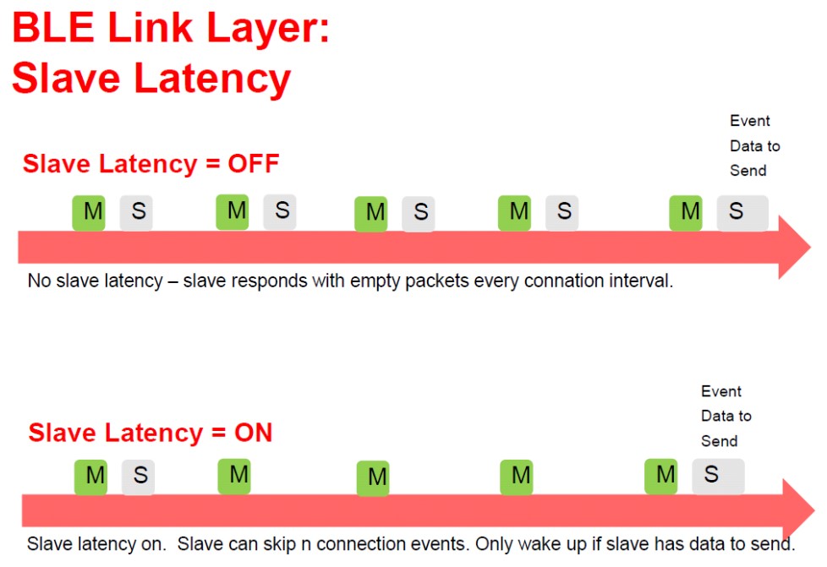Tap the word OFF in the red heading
click(x=253, y=163)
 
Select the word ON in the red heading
click(x=253, y=433)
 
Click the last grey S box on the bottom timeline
click(x=717, y=476)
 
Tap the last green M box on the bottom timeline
click(x=661, y=476)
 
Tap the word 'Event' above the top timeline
click(x=750, y=121)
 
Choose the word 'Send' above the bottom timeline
click(x=719, y=441)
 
